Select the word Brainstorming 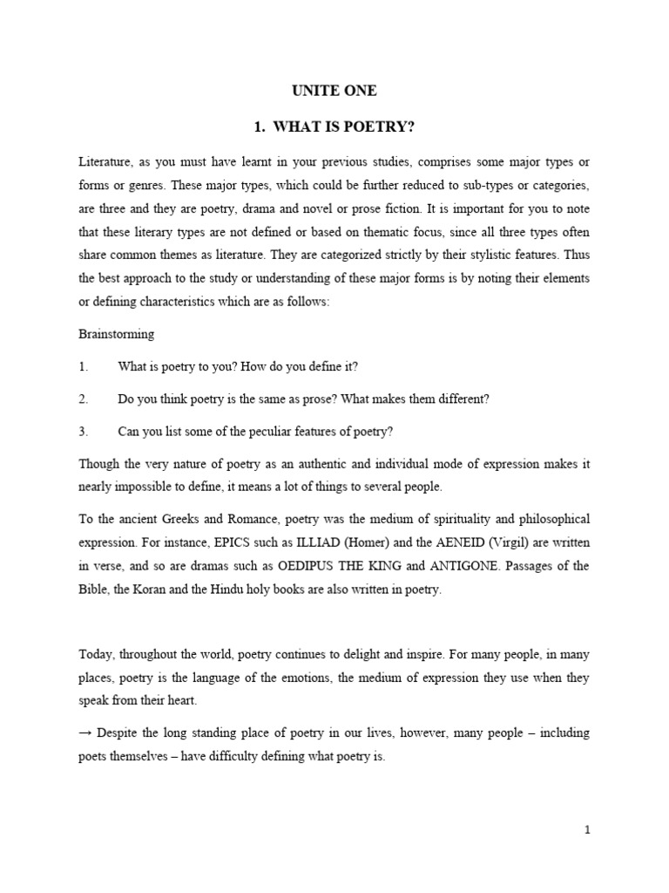(116, 333)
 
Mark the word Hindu (243, 589)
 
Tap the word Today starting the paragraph (97, 654)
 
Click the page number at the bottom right (587, 830)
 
